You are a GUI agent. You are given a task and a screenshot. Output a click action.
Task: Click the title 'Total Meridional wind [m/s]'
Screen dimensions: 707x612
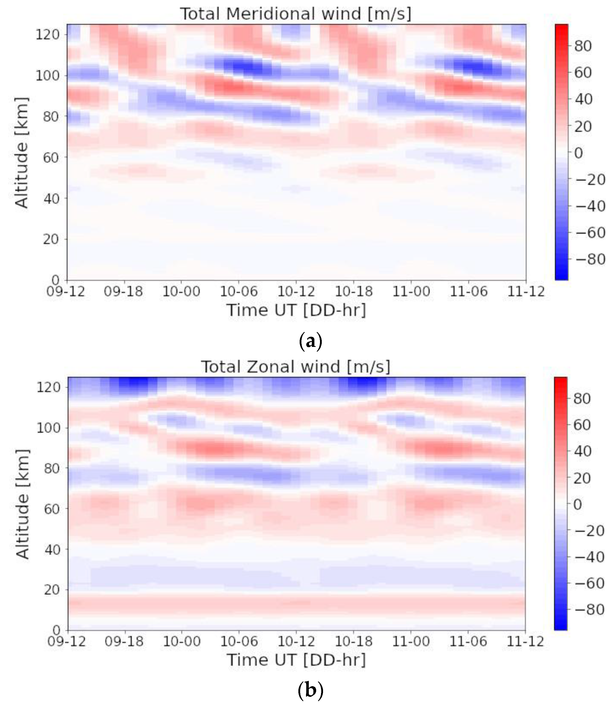click(x=296, y=14)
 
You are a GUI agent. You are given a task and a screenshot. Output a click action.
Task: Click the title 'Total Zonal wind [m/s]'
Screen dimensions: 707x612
click(x=296, y=367)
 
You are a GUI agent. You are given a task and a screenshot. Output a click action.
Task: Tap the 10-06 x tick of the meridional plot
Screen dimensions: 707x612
click(x=238, y=292)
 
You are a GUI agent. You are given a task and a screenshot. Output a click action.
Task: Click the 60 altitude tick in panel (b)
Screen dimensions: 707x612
click(x=52, y=509)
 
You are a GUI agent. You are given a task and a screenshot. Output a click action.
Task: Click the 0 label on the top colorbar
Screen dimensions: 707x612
click(x=578, y=153)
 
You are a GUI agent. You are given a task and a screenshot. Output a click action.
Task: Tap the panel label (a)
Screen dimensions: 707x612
click(x=310, y=341)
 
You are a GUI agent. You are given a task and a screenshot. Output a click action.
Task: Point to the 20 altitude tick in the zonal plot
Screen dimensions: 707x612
click(x=52, y=590)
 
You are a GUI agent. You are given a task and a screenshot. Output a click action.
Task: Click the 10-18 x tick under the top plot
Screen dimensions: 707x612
click(x=353, y=292)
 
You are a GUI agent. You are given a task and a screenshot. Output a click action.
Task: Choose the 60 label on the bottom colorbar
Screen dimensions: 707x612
click(x=582, y=425)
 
